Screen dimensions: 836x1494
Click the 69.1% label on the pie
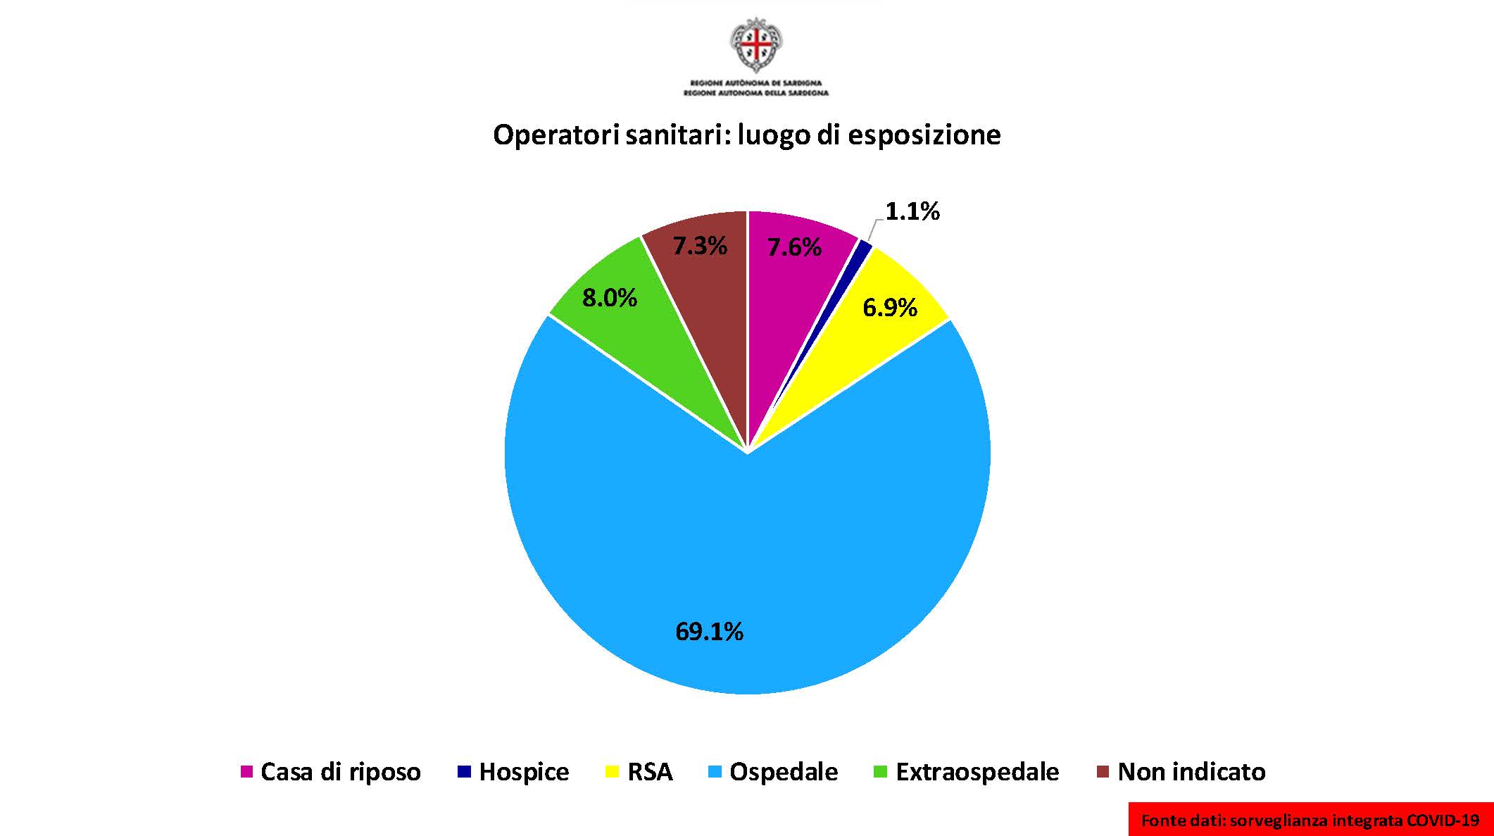point(709,632)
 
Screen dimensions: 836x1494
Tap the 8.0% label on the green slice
point(609,299)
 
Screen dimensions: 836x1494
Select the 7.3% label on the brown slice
point(699,246)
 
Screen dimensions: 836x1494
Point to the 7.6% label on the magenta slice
point(794,247)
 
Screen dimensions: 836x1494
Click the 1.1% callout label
point(912,211)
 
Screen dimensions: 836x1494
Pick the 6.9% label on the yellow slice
point(890,308)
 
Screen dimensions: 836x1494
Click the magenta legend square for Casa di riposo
point(246,772)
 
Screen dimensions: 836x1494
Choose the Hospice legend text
point(524,772)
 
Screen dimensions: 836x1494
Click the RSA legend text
point(650,772)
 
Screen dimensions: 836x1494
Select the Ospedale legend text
point(784,772)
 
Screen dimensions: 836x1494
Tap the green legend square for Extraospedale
point(879,772)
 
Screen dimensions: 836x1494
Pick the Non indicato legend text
point(1191,772)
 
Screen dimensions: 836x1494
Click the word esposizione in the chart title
point(924,135)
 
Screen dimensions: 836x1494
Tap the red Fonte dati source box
point(1310,820)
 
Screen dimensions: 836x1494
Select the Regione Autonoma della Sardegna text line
point(756,93)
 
